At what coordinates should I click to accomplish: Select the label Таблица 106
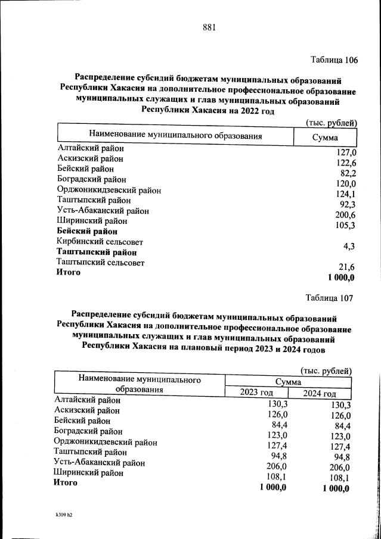click(x=334, y=60)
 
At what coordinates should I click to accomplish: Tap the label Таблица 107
click(x=330, y=298)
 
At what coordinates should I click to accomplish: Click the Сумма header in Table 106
click(x=326, y=138)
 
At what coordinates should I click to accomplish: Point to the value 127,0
click(x=345, y=152)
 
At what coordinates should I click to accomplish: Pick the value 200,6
click(x=345, y=215)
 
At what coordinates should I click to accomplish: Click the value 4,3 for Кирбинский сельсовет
click(x=349, y=246)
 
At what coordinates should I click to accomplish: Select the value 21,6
click(x=346, y=267)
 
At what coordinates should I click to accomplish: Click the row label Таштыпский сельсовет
click(x=100, y=262)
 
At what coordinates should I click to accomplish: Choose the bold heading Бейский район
click(x=87, y=231)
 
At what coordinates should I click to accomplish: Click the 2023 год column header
click(x=256, y=393)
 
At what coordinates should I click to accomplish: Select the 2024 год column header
click(x=319, y=394)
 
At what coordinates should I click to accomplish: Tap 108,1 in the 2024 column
click(x=337, y=478)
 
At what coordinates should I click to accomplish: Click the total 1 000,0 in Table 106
click(x=341, y=278)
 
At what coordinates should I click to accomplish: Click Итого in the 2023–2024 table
click(x=66, y=483)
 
